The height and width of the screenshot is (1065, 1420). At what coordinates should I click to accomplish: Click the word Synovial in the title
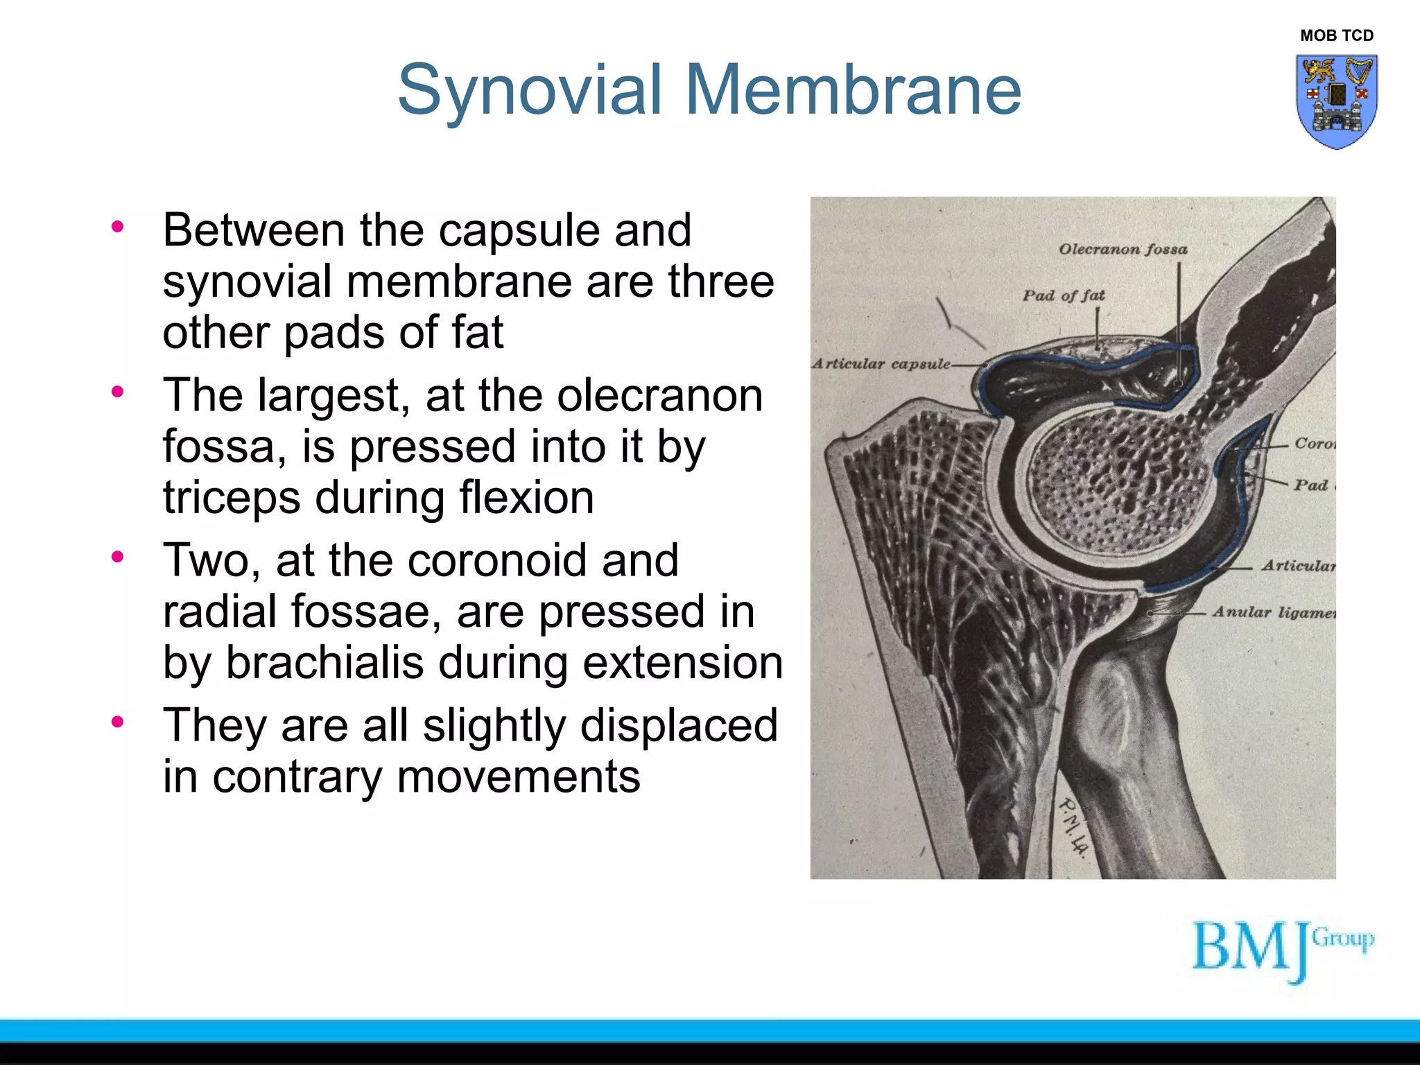tap(530, 90)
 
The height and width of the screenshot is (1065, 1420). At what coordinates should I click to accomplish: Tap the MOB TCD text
tap(1336, 35)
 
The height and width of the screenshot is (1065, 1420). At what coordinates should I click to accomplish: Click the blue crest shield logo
tap(1336, 101)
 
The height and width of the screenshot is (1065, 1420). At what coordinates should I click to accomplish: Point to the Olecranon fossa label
tap(1123, 249)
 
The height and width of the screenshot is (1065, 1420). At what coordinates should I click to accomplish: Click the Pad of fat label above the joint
tap(1064, 295)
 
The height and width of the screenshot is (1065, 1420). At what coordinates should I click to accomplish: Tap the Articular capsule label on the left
tap(881, 364)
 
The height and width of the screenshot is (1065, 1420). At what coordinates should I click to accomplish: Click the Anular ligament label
tap(1273, 612)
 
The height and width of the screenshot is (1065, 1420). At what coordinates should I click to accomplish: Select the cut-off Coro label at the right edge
tap(1314, 443)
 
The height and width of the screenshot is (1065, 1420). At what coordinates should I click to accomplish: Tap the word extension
tap(682, 662)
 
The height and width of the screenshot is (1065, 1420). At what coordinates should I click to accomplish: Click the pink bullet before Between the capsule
tap(117, 227)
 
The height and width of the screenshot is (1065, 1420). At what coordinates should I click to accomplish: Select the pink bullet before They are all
tap(117, 722)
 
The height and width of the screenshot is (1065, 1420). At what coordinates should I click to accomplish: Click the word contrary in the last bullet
tap(297, 777)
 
